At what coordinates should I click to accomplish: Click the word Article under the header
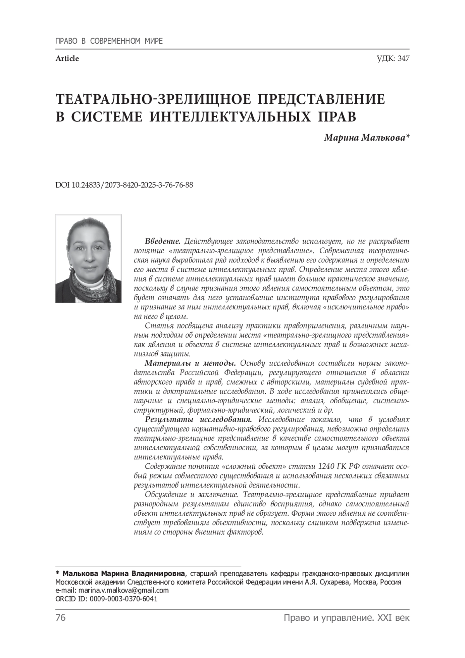coord(67,59)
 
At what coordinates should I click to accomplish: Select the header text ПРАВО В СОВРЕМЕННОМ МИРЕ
coord(109,41)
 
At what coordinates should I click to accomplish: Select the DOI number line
coord(124,185)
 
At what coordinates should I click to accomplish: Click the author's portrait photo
coord(88,259)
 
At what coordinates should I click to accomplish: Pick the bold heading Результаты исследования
coord(198,420)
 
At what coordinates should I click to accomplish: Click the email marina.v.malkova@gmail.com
coord(124,591)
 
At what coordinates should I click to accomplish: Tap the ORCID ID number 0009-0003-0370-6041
coord(124,599)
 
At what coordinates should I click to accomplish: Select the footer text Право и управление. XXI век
coord(346,618)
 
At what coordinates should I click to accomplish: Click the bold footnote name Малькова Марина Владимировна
coord(124,573)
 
